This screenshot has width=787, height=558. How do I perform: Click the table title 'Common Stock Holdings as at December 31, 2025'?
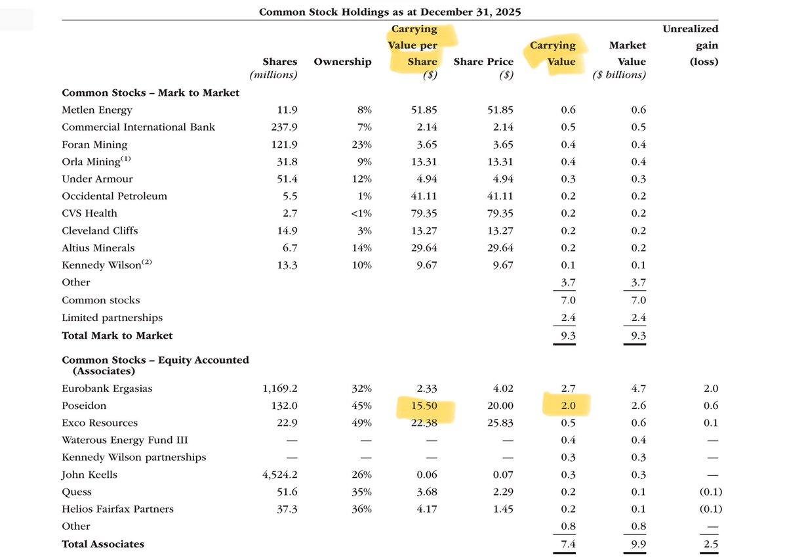pos(390,12)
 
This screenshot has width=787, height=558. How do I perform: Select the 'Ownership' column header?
pos(342,62)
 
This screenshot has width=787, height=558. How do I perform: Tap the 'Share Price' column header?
pos(483,62)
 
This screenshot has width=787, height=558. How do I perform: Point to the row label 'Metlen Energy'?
pos(97,110)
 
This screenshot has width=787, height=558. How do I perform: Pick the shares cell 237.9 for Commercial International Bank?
pos(283,127)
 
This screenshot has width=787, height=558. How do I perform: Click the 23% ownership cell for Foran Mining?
pos(361,144)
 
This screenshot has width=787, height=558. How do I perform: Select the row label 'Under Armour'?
pos(97,179)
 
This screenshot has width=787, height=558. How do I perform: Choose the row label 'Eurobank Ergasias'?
pos(107,389)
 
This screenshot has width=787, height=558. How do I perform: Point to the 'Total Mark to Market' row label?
pos(117,335)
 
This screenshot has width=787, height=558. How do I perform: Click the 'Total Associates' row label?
pos(103,544)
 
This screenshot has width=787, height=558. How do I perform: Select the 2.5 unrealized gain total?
pos(711,544)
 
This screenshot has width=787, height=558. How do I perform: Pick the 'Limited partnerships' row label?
pos(112,318)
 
